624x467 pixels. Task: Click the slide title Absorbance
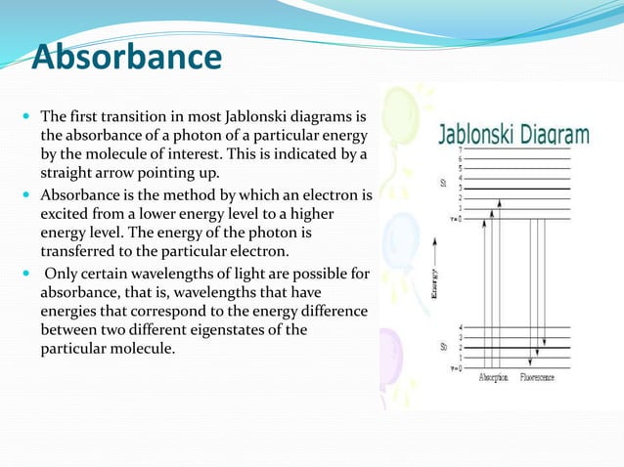(126, 58)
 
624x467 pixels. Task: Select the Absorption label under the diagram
(492, 376)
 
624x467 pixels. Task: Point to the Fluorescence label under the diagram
(537, 376)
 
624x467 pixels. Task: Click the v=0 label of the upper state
(456, 218)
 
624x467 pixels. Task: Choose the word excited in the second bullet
(65, 214)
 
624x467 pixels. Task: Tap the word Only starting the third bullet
(62, 276)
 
